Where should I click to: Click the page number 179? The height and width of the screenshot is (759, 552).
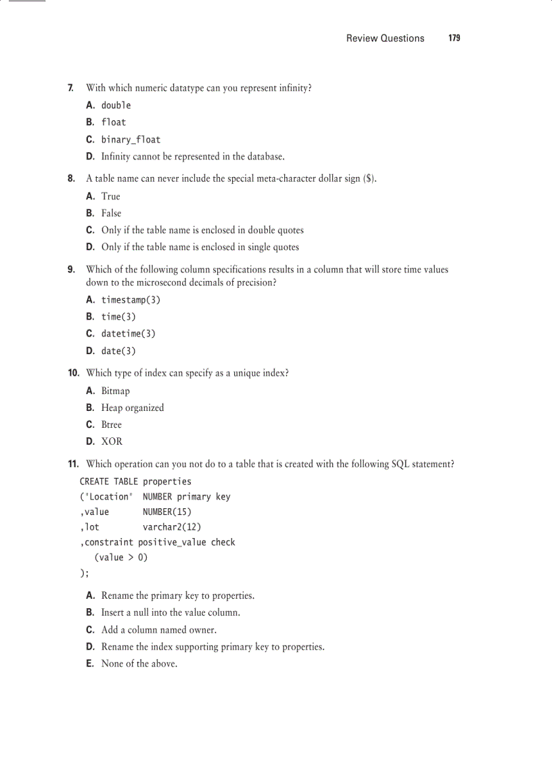454,39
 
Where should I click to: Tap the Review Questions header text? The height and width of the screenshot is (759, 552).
385,39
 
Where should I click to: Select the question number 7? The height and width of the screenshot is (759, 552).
70,88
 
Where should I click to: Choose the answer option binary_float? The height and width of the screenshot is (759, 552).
131,140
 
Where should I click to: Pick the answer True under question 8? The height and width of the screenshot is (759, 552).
110,197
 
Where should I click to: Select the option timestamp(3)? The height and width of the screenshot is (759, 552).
131,300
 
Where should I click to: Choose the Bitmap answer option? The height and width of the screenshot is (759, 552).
115,391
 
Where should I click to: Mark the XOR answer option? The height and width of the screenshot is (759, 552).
112,441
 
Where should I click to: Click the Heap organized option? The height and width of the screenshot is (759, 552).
133,408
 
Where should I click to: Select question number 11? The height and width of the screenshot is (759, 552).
73,464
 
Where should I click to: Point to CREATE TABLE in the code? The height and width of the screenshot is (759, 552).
108,482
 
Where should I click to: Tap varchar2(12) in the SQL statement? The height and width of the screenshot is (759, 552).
172,527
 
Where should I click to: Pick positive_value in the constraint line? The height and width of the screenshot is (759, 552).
172,542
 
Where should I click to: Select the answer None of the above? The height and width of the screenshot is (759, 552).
139,664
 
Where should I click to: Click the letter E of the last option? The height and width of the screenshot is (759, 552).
89,664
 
